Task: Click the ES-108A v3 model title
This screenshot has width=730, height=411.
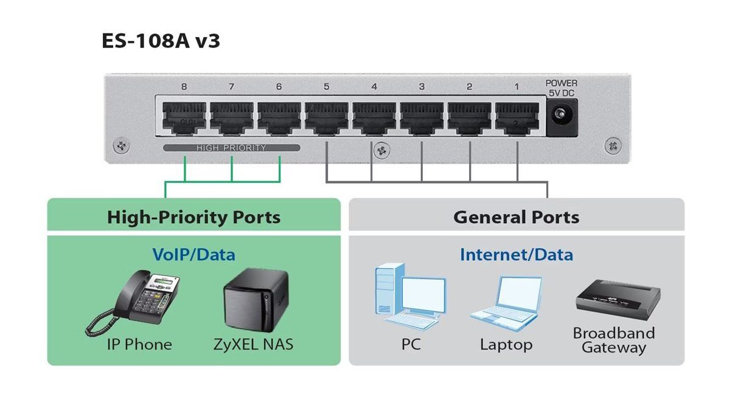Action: (x=161, y=41)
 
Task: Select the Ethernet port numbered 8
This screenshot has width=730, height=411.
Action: (x=184, y=118)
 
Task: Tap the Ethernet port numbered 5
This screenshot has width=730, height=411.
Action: (x=327, y=118)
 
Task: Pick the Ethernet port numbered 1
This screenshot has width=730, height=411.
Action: (x=517, y=118)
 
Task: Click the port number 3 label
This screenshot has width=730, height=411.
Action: (x=422, y=86)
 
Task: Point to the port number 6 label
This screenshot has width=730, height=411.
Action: (x=279, y=86)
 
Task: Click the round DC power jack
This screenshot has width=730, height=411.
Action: (x=560, y=114)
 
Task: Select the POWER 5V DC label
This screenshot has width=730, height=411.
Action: (x=561, y=88)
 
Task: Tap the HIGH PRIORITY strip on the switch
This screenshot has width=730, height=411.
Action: (x=231, y=148)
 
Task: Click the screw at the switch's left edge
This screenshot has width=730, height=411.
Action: (x=121, y=145)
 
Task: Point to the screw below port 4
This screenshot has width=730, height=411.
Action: (x=381, y=150)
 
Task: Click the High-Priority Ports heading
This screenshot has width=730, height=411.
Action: (x=193, y=217)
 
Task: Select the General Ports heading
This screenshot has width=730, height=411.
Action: (x=516, y=217)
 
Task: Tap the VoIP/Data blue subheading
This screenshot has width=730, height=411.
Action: (x=193, y=254)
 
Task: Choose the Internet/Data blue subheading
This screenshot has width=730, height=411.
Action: (x=516, y=254)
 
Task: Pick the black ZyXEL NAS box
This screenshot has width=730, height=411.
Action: (x=256, y=299)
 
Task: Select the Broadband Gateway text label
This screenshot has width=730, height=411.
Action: (x=614, y=340)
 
